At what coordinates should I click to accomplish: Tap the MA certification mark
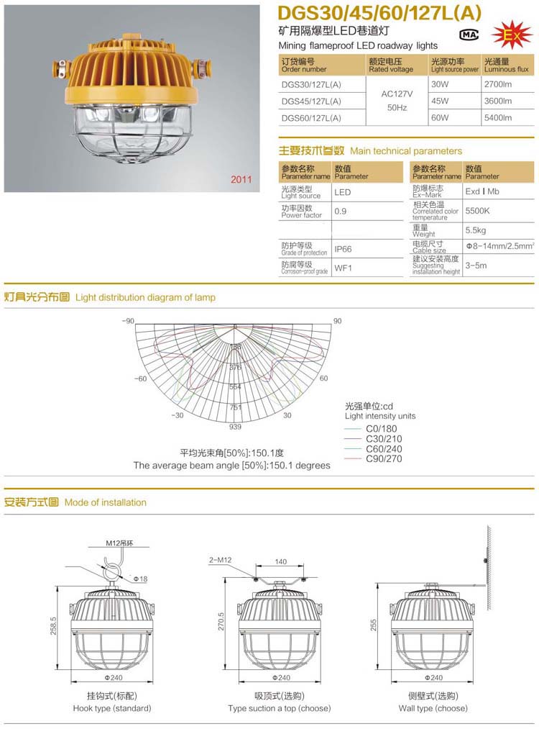point(468,34)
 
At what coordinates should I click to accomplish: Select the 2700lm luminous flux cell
point(498,84)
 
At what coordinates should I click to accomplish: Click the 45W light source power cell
point(439,101)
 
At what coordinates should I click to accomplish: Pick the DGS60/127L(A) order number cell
point(311,117)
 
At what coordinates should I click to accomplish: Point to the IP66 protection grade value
point(342,250)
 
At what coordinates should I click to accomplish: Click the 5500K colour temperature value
point(477,212)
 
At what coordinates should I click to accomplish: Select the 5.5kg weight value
point(476,230)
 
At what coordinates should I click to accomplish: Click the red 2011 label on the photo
point(241,179)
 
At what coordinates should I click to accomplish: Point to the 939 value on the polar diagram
point(235,427)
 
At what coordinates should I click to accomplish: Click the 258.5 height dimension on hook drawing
point(54,626)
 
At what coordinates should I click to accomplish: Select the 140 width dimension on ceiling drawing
point(280,561)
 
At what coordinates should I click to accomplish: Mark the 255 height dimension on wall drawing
point(374,626)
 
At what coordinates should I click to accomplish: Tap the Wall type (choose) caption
point(433,708)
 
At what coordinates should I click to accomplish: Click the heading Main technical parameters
point(406,151)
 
